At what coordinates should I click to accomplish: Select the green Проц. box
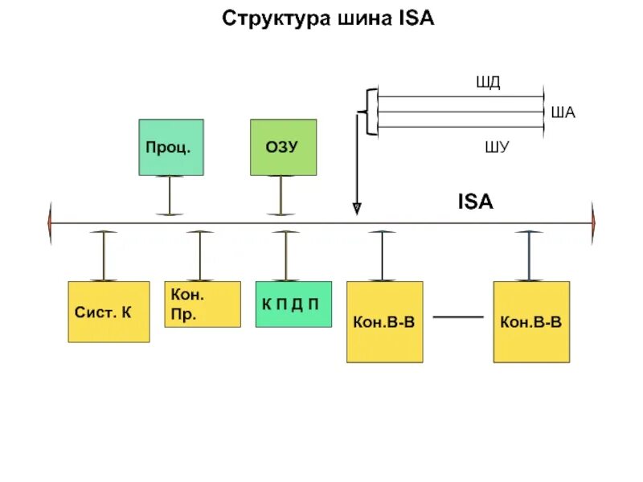point(170,148)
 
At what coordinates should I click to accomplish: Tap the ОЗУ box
point(283,148)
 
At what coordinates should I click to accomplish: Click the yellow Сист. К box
point(109,312)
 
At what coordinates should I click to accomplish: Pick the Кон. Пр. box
point(202,304)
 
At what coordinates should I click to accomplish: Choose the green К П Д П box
point(293,304)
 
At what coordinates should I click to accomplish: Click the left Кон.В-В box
point(384,321)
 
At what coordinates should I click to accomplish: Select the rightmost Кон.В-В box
point(530,321)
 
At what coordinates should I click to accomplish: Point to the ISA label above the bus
point(475,202)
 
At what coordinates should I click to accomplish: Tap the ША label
point(563,113)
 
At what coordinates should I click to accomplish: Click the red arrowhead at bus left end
point(51,223)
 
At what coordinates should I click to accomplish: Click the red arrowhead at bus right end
point(594,223)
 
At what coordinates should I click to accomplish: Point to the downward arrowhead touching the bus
point(357,209)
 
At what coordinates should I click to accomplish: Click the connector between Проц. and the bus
point(169,195)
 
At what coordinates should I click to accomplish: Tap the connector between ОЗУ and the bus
point(281,195)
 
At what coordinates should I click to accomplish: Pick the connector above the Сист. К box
point(103,255)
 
